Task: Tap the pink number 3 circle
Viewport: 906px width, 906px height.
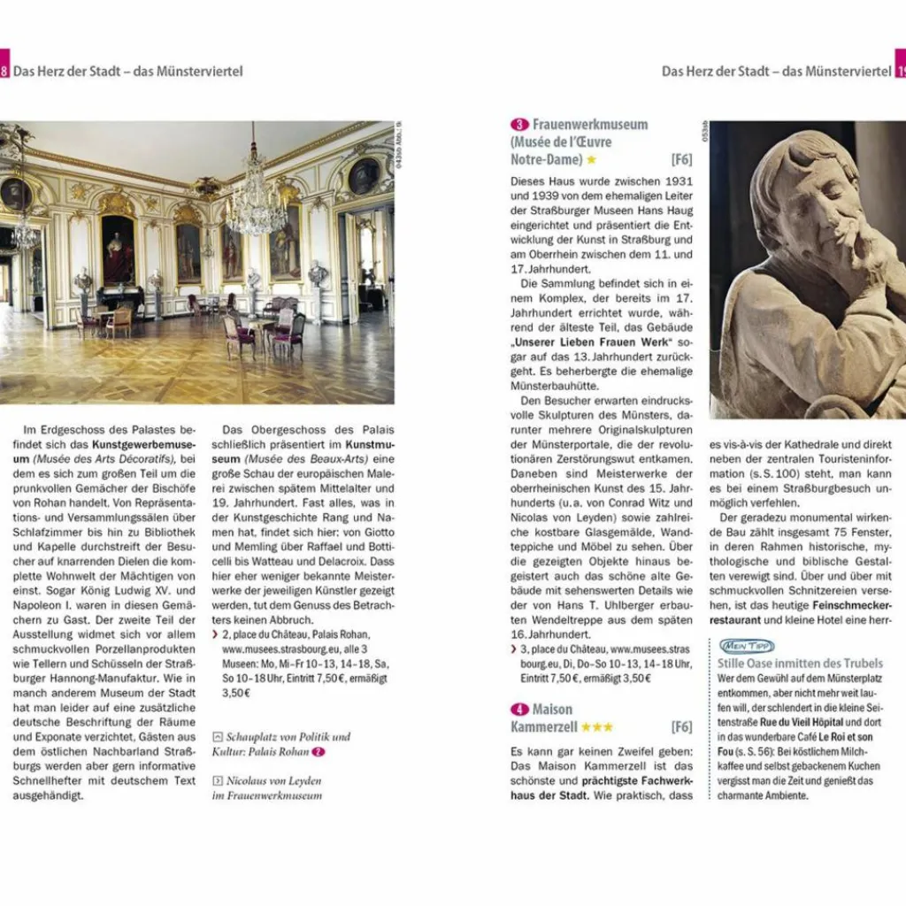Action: tap(519, 125)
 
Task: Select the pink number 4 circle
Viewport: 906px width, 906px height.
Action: tap(519, 710)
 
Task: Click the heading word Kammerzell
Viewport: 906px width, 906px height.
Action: tap(544, 727)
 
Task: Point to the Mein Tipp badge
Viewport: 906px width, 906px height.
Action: tap(747, 646)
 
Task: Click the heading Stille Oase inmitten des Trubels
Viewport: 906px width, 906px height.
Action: tap(800, 664)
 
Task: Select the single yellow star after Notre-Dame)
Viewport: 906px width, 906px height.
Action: tap(591, 160)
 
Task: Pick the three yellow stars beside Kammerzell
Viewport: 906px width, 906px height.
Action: tap(597, 727)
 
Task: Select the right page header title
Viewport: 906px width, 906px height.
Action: tap(776, 71)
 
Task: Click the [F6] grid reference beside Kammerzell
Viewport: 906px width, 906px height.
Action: tap(681, 727)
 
